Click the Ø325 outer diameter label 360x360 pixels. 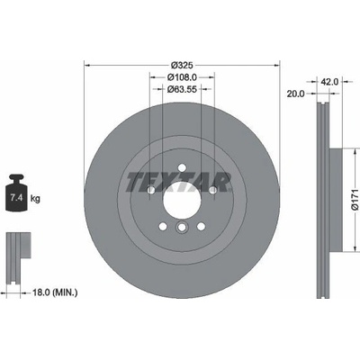182,65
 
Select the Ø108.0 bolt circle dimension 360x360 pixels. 182,77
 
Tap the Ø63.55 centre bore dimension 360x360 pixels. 182,89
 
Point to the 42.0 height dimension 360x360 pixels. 329,82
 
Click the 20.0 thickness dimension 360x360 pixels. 295,94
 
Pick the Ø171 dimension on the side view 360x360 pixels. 355,200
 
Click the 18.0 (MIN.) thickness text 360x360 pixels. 55,292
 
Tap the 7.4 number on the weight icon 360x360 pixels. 15,198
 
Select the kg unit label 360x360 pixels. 35,198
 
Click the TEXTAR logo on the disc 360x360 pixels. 179,182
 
